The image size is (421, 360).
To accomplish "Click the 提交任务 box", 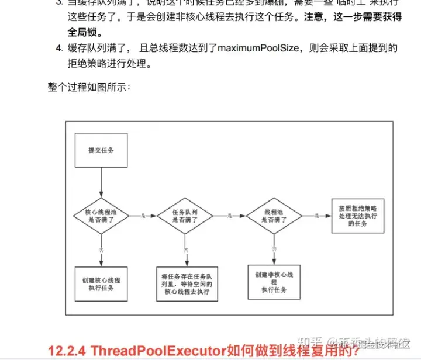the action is coord(101,151).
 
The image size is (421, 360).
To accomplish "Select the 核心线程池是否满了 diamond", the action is coord(101,217).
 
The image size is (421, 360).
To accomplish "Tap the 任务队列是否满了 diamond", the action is coord(185,217).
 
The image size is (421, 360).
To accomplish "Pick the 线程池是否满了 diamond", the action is coord(274,217).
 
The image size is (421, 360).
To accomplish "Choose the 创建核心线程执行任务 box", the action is coord(101,284).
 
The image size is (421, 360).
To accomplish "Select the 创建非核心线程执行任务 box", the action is coord(274,282).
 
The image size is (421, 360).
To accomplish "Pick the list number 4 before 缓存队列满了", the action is coord(58,48).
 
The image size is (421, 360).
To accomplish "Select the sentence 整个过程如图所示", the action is coord(89,87).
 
